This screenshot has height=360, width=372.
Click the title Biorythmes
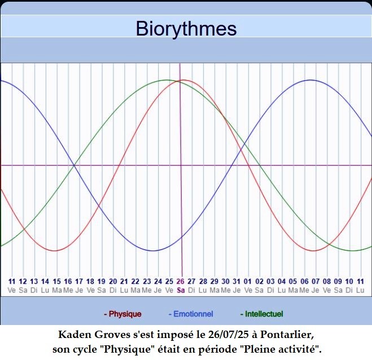click(x=186, y=29)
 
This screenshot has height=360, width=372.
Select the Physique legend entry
click(x=122, y=314)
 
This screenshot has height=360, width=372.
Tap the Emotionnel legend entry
click(x=191, y=314)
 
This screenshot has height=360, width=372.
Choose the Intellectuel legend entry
click(x=262, y=314)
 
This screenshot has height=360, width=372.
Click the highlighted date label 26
click(x=180, y=282)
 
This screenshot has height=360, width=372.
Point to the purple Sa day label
click(x=181, y=290)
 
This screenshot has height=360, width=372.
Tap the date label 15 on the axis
click(x=56, y=282)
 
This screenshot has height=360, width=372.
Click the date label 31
click(x=237, y=282)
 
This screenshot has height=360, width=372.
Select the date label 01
click(x=247, y=282)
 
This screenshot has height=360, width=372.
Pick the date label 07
click(x=316, y=282)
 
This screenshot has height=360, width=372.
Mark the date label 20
click(x=113, y=282)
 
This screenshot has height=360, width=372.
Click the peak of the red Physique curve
click(x=185, y=80)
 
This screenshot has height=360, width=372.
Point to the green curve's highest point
click(x=167, y=80)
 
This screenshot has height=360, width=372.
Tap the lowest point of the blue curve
click(x=153, y=251)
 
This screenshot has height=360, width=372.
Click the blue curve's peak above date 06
click(x=310, y=80)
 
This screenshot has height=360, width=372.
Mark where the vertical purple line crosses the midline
click(x=181, y=165)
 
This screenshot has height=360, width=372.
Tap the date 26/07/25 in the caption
click(x=229, y=335)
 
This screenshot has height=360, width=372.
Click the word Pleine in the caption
click(x=259, y=349)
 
